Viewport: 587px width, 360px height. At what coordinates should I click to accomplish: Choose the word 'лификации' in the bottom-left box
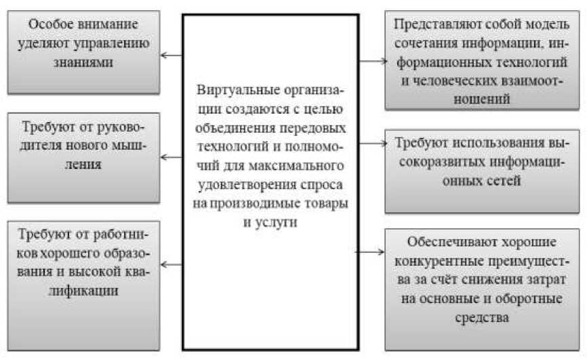pos(85,292)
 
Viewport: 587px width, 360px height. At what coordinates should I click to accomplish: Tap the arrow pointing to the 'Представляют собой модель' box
pos(371,61)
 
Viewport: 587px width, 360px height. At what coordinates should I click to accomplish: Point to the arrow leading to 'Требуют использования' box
pos(371,144)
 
